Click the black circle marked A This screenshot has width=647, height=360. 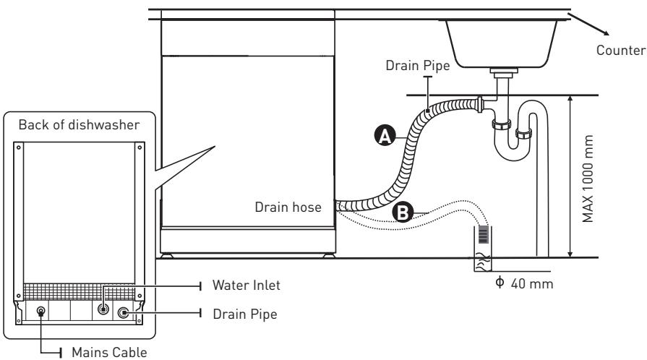(385, 136)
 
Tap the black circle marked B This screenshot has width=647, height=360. (403, 213)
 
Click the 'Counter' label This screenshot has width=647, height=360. (621, 51)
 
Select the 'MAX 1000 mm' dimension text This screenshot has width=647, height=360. (587, 179)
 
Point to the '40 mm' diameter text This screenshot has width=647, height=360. (532, 283)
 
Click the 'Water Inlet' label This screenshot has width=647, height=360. (247, 285)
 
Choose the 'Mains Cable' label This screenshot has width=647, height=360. (109, 352)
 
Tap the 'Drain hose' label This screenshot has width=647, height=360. (288, 207)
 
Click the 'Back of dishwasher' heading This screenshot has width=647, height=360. (80, 124)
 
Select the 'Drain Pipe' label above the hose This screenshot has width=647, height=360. (418, 65)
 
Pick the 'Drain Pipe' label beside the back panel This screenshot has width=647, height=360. (245, 314)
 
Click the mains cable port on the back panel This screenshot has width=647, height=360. (41, 311)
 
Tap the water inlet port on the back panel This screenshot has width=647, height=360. (103, 309)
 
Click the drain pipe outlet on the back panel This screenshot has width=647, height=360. (123, 313)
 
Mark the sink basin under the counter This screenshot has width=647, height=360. (501, 44)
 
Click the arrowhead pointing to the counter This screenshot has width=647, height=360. (605, 33)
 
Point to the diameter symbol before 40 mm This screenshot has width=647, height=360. (500, 283)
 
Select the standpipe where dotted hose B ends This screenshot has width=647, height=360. (483, 249)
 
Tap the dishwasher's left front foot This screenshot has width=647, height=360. (167, 256)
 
